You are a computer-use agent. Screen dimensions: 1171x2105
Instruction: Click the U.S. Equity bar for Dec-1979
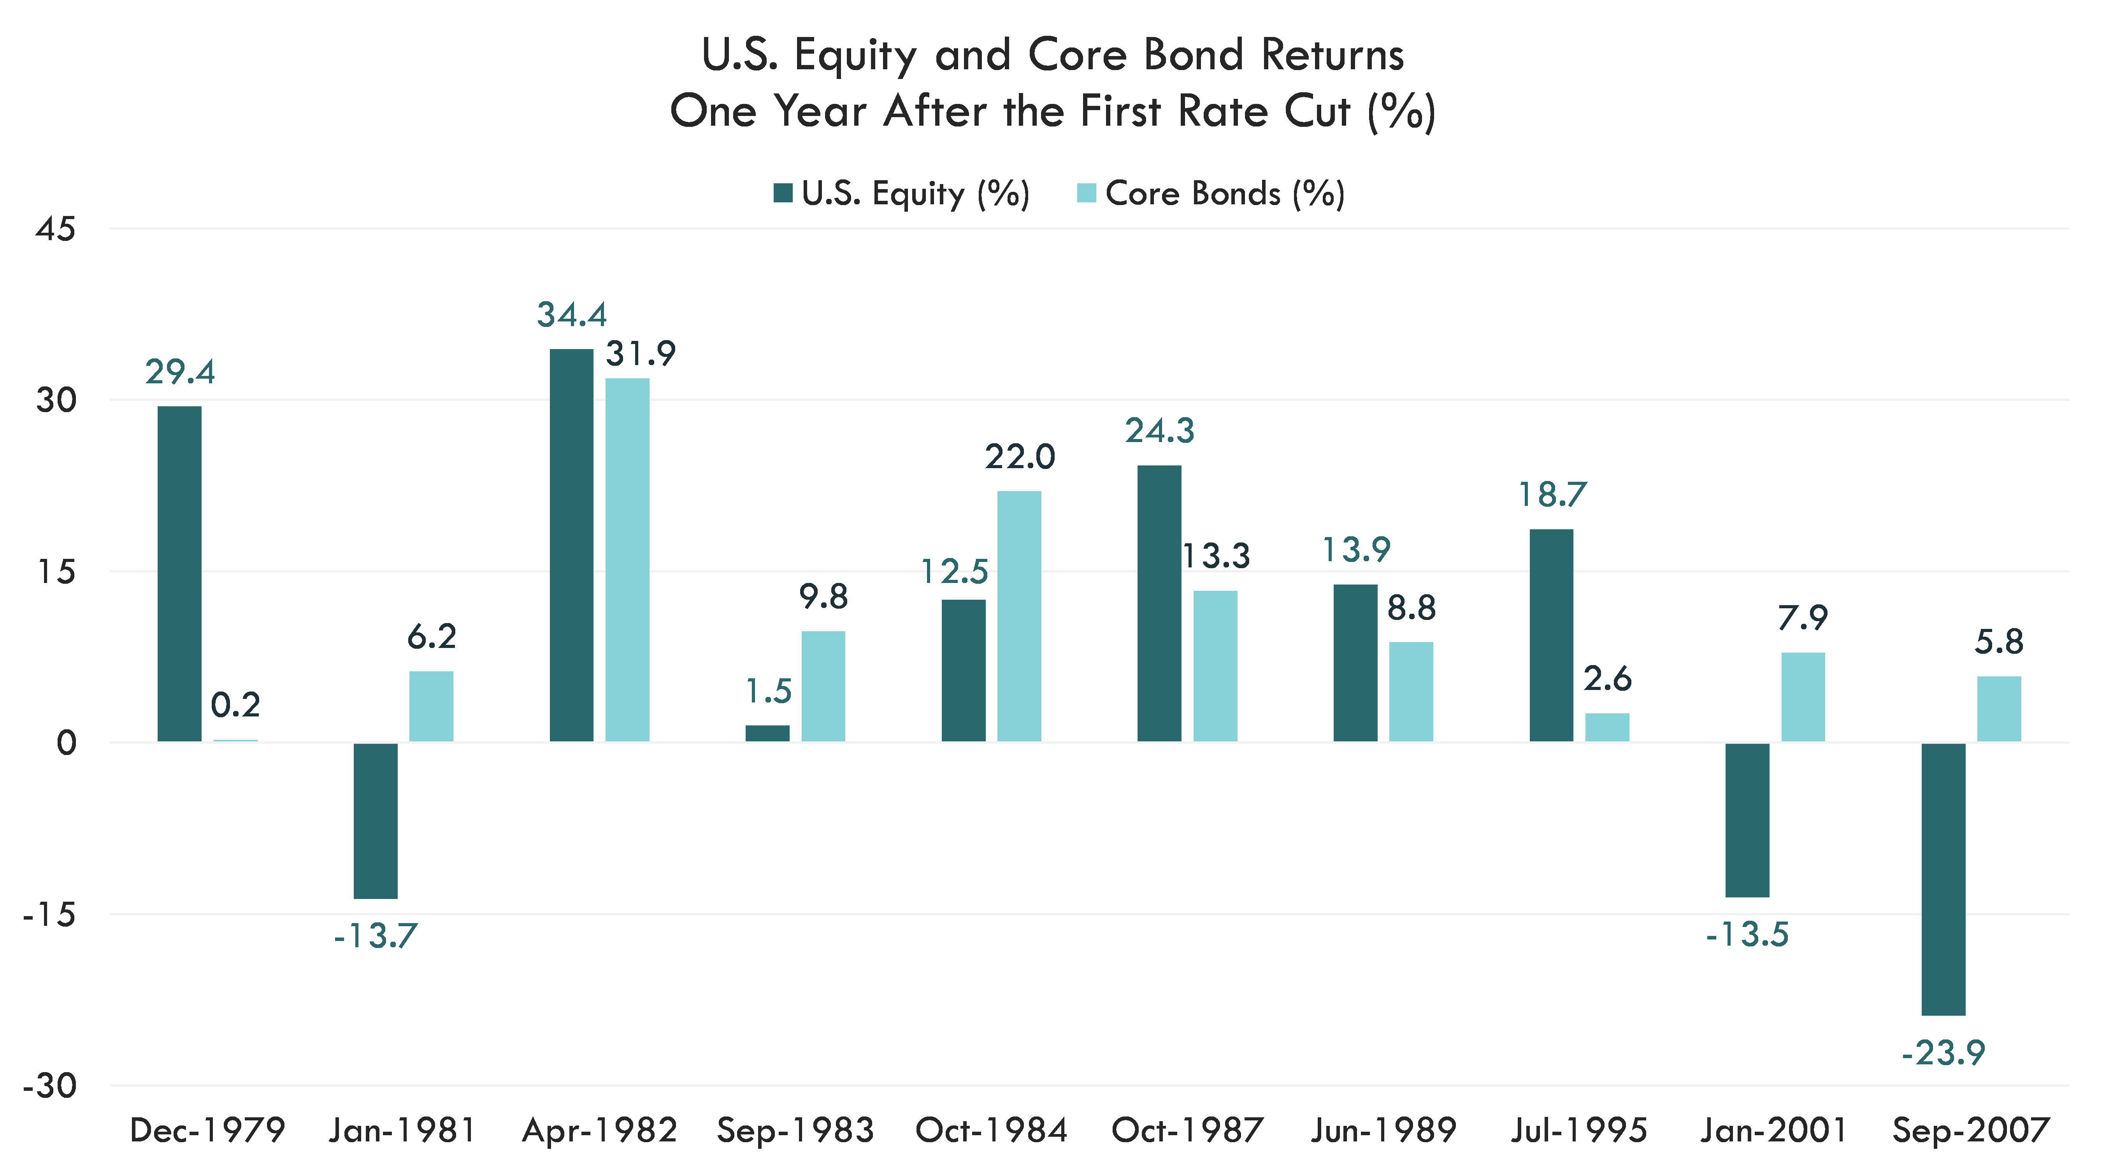click(x=179, y=574)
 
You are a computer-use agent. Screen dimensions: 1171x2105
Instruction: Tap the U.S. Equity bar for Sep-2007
click(x=1943, y=878)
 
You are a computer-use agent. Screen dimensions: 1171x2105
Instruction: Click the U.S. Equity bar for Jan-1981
click(x=375, y=820)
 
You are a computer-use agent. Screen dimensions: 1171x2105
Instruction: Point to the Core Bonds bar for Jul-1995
click(x=1606, y=727)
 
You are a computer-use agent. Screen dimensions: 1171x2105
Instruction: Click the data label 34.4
click(x=572, y=314)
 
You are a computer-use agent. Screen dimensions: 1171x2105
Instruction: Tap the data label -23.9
click(x=1943, y=1053)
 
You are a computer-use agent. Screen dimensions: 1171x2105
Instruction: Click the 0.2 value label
click(x=235, y=704)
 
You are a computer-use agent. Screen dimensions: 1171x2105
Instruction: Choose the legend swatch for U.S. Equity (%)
click(x=783, y=194)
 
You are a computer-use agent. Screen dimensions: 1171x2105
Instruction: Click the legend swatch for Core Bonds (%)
click(x=1087, y=194)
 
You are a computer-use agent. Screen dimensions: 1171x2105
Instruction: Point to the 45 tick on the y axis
click(x=56, y=229)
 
